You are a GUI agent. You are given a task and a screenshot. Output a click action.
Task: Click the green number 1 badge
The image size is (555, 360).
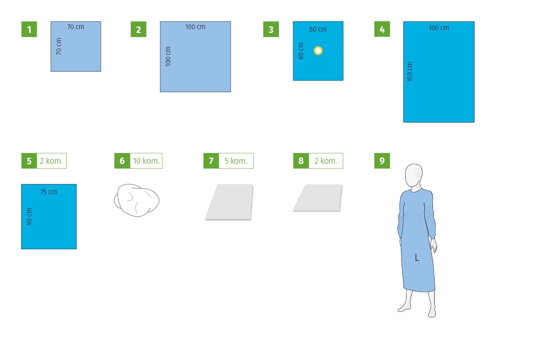point(29,29)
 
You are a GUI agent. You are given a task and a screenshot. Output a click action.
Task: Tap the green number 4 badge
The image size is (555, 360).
point(382,29)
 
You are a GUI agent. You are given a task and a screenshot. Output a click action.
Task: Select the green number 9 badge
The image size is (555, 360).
point(382,161)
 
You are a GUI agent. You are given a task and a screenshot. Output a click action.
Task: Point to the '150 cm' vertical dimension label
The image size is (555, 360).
point(410,71)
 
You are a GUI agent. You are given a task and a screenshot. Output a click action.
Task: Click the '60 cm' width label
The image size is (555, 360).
point(318,29)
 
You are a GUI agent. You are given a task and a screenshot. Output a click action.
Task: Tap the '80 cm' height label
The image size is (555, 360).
point(301,51)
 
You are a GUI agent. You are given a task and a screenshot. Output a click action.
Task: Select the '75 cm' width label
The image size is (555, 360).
point(49,192)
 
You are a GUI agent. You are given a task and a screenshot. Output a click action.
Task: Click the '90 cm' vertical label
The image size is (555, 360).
point(29,216)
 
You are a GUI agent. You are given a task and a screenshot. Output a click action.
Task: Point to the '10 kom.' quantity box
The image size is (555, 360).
point(146,161)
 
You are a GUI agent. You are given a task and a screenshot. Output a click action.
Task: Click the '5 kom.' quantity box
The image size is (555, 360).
point(236,161)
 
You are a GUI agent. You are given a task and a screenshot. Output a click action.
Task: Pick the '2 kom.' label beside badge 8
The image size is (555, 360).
point(326,161)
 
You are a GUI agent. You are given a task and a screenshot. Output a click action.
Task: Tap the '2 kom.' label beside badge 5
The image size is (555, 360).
point(52,161)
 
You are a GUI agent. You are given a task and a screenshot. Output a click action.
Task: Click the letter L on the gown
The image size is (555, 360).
point(417,258)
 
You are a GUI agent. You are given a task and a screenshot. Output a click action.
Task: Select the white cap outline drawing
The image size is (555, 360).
point(137,200)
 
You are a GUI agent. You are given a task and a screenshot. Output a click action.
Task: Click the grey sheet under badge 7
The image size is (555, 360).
point(229,202)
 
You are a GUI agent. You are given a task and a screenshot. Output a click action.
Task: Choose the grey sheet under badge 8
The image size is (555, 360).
point(318,198)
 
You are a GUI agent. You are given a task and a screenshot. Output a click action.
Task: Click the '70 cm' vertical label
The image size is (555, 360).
point(59,46)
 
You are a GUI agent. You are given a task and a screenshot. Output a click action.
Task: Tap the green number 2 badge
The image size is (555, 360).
point(138,29)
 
